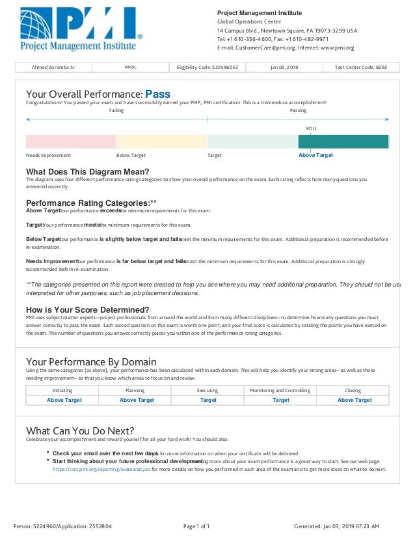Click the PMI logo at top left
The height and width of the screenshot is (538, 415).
80,29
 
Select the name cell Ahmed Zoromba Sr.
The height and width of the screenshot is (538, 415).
53,67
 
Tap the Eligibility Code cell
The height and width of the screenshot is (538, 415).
207,67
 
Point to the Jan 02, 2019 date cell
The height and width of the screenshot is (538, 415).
284,67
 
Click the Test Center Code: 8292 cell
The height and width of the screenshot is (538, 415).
361,67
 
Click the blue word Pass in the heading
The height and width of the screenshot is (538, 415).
157,94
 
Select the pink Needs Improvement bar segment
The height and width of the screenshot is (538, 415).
70,141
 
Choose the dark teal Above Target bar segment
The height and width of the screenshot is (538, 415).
343,141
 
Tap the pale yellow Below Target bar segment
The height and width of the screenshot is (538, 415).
161,141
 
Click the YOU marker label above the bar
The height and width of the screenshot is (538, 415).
311,128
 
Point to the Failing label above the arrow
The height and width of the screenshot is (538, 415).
116,111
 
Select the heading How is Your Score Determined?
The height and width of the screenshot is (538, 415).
87,309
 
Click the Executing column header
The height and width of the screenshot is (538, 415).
207,390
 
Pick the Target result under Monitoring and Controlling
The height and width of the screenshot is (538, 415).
280,400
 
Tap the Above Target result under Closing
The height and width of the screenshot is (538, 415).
354,400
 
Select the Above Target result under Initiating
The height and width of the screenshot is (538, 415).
64,400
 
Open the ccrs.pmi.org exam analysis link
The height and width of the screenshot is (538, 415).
101,468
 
